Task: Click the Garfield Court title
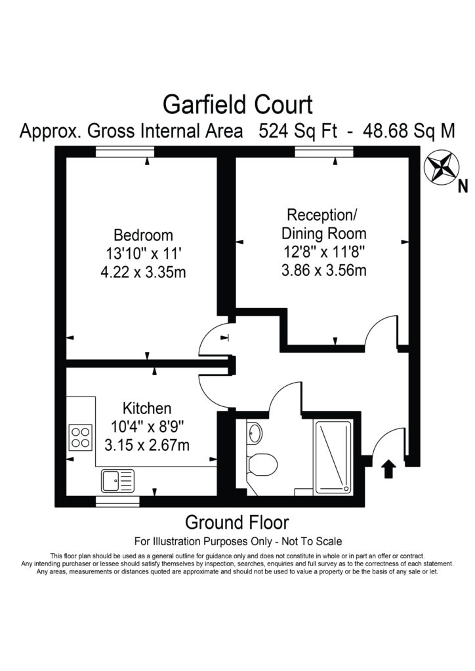point(237,104)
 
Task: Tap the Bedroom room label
point(143,235)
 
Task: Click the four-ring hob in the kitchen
point(81,436)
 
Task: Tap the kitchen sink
point(117,480)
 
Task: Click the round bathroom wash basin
point(255,432)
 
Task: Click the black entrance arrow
point(388,469)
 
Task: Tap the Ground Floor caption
point(237,523)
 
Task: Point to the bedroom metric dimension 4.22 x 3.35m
point(143,272)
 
